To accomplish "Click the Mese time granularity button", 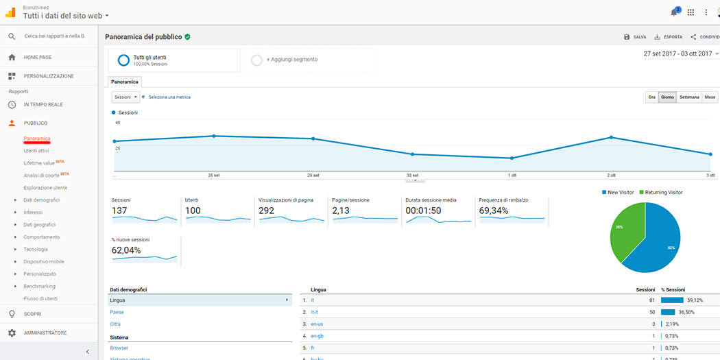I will point(710,97).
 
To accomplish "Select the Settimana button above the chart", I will point(689,97).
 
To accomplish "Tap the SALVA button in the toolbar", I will point(635,37).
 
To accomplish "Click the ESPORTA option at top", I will point(669,37).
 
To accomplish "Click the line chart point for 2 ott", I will point(610,138).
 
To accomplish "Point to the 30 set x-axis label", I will point(412,175).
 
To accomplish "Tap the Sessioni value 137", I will point(120,211).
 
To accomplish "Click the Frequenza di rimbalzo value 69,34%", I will point(494,211).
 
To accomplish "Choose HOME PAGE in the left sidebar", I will point(38,58).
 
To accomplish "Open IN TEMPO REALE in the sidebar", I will point(43,105).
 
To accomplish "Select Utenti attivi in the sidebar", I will point(36,151).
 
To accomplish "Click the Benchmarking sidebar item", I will point(39,286).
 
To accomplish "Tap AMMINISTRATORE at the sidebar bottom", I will point(45,333).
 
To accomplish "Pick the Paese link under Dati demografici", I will point(117,312).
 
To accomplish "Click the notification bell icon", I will point(673,12).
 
